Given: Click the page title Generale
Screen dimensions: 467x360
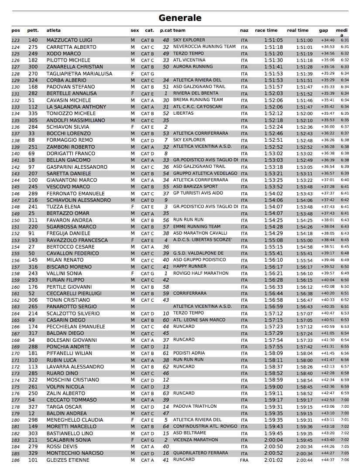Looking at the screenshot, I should (180, 18).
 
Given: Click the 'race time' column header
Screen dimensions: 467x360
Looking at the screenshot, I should (266, 31).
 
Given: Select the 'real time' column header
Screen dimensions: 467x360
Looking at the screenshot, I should (298, 31).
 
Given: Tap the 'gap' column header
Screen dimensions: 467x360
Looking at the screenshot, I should (323, 31).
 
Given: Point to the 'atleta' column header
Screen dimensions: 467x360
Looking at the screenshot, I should (54, 31).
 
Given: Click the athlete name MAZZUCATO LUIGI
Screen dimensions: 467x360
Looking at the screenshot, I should (69, 40).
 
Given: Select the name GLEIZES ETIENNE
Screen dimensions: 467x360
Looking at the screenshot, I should (68, 460).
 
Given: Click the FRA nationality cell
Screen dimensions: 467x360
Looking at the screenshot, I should (244, 460).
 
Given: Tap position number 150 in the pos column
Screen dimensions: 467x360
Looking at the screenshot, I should (16, 220).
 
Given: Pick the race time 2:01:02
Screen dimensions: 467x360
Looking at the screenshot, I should (274, 460).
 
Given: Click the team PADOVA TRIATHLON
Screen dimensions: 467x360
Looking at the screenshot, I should (195, 406).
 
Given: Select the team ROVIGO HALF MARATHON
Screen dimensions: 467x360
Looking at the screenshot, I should (201, 273).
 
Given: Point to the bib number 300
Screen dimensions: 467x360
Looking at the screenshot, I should (33, 67).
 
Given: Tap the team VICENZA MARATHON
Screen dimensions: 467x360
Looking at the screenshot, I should (195, 440).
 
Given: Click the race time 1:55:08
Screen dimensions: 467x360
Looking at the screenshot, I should (274, 240).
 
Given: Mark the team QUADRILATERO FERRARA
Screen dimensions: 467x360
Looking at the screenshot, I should (200, 453).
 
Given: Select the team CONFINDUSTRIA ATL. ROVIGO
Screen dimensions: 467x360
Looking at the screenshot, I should (205, 426).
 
